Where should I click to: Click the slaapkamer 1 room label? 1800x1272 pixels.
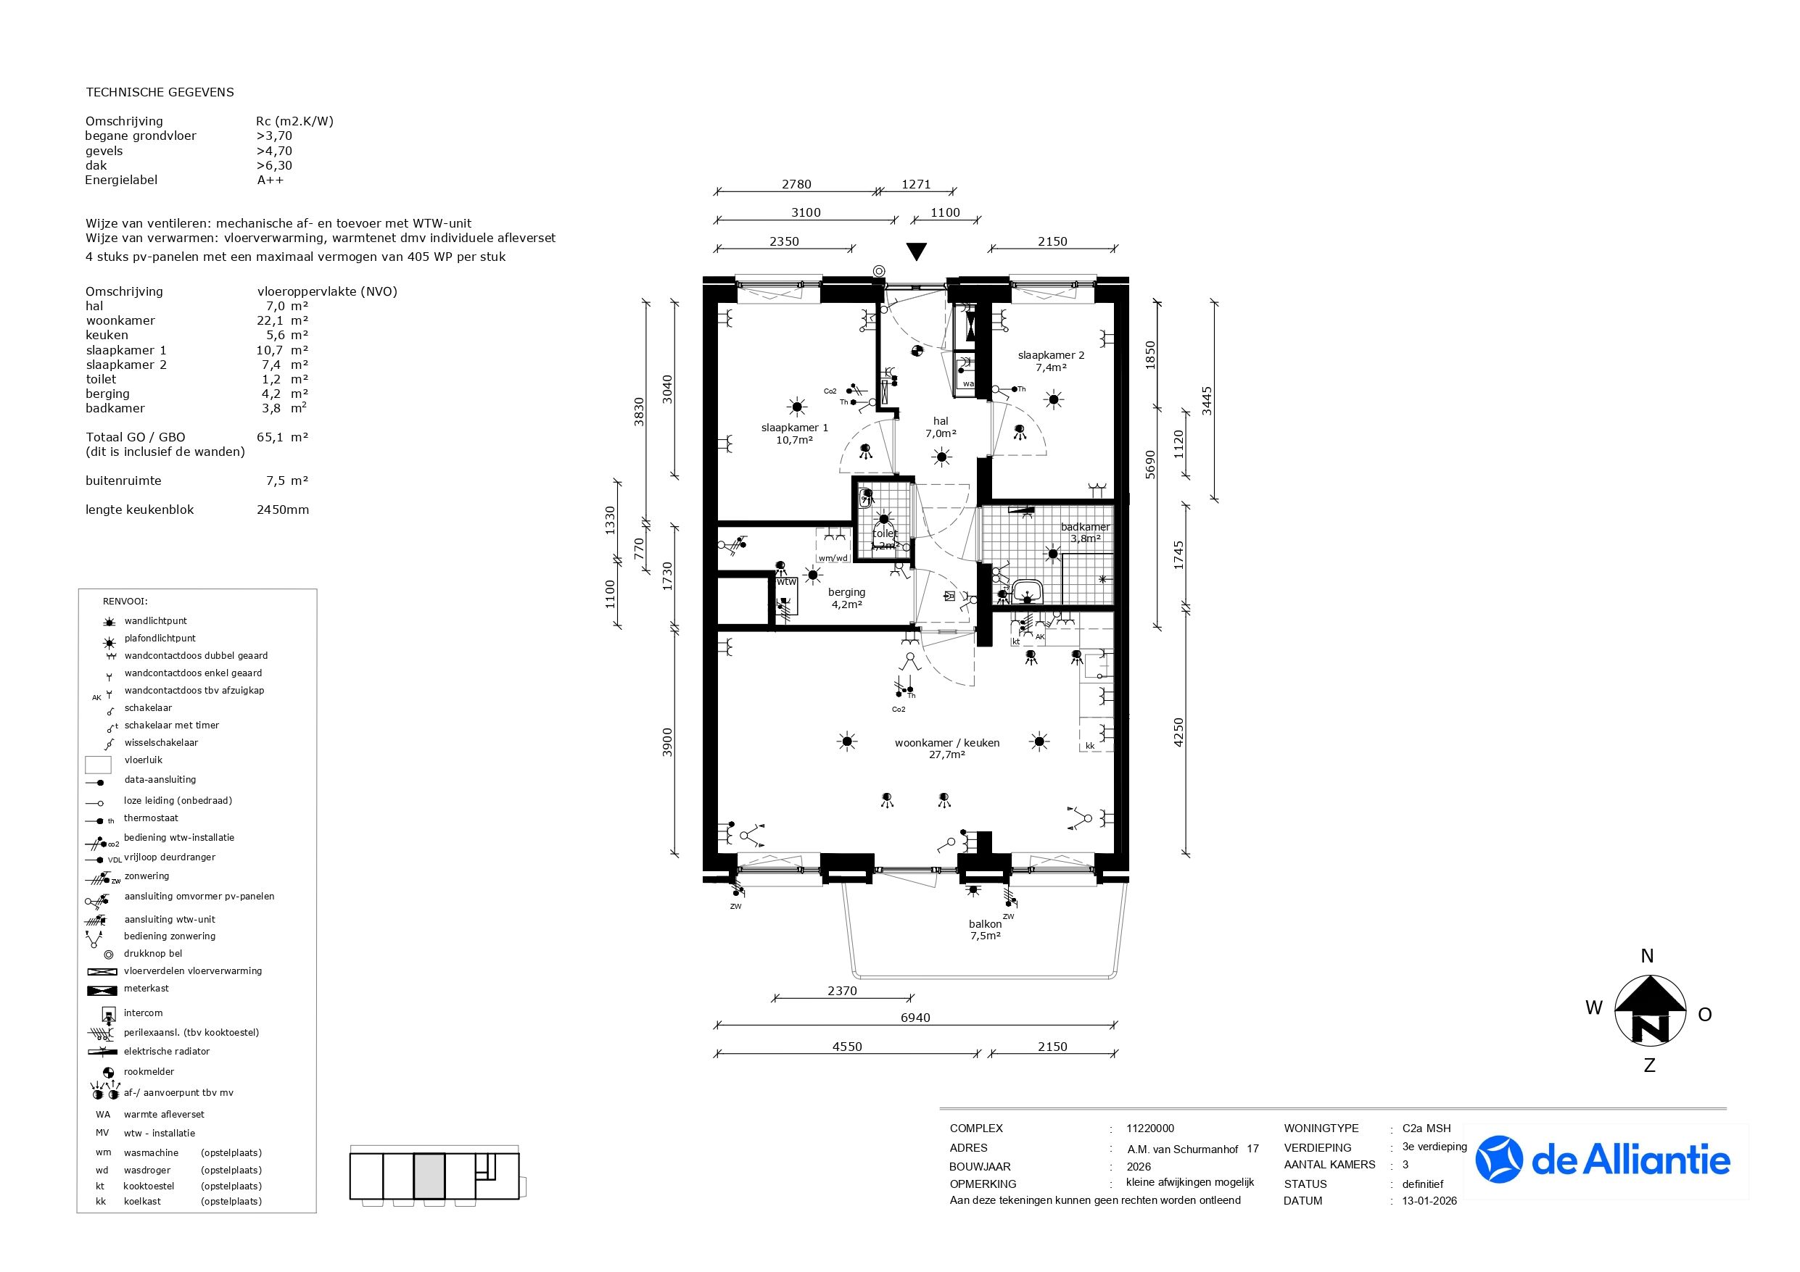click(794, 434)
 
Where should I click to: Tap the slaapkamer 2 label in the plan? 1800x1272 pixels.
click(1051, 361)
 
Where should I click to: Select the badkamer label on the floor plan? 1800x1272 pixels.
click(1085, 532)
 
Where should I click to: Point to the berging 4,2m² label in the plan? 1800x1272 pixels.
click(846, 598)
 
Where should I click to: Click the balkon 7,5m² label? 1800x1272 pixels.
click(986, 929)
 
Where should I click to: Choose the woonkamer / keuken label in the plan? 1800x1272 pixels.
click(947, 749)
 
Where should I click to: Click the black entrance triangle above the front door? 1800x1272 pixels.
click(916, 252)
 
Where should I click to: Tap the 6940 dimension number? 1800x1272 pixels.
click(915, 1018)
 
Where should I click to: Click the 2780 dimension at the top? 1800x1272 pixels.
click(796, 184)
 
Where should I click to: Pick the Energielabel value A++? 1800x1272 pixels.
click(270, 180)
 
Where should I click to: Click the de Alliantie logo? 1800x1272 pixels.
click(1603, 1160)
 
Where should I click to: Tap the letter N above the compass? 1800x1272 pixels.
click(1647, 955)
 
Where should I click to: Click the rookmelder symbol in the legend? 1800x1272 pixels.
click(108, 1072)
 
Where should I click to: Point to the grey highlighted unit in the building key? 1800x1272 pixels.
click(429, 1176)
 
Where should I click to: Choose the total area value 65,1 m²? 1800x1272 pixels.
click(282, 437)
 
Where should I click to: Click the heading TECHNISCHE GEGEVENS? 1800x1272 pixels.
click(160, 92)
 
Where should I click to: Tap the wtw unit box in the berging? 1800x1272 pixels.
click(786, 596)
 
